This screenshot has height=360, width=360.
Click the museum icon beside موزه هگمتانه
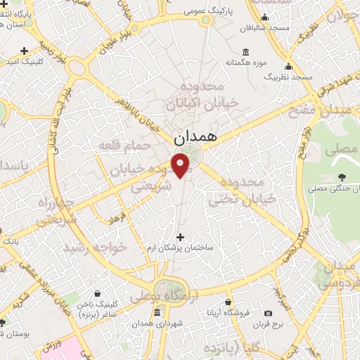coord(245,51)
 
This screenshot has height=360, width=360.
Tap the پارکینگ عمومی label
coord(205,12)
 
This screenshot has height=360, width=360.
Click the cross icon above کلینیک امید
coord(25,51)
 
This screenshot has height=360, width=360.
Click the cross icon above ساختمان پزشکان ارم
coord(181,237)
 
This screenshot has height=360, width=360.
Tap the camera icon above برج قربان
coord(268,313)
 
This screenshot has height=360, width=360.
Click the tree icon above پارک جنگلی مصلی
coord(342,177)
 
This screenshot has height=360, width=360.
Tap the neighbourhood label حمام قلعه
coord(124,145)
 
